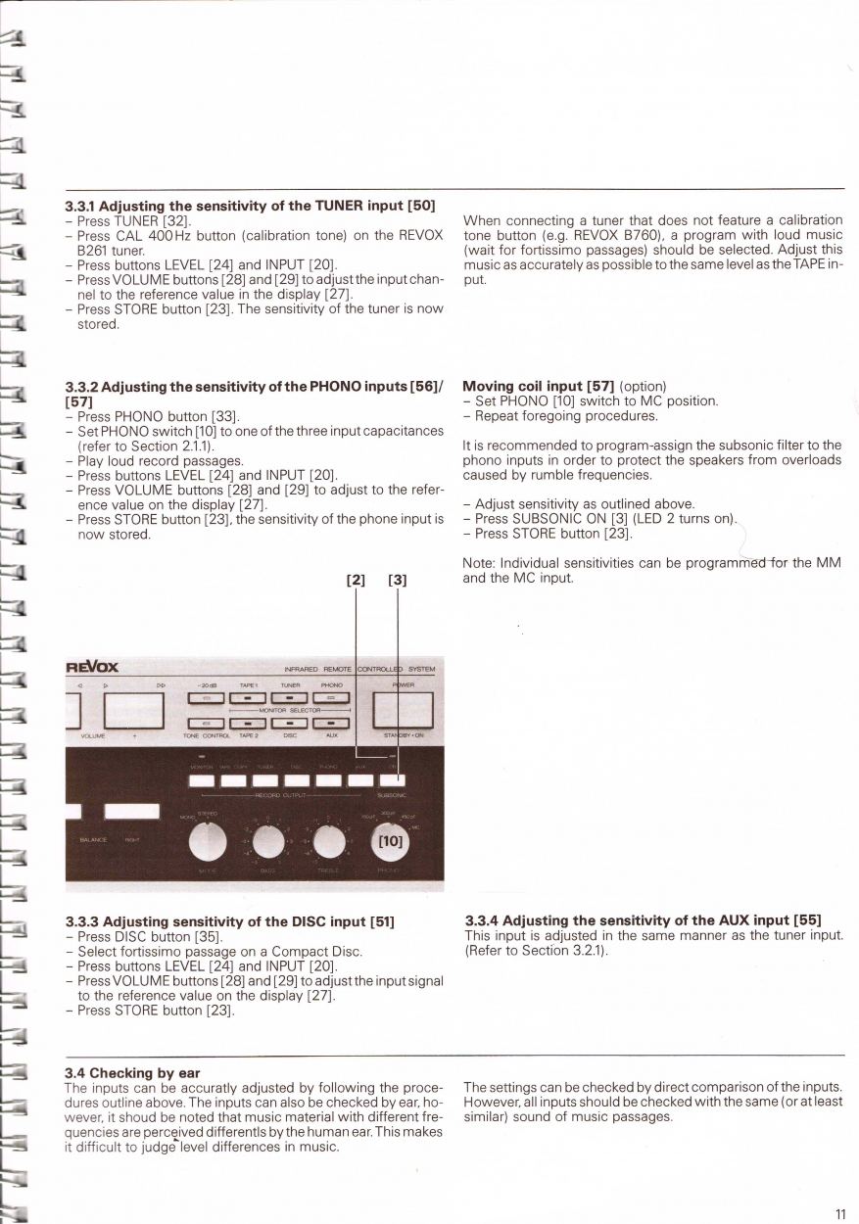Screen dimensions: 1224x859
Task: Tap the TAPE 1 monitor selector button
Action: point(248,698)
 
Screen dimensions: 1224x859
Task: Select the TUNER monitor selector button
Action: point(290,698)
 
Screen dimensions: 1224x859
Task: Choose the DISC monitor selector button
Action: point(290,724)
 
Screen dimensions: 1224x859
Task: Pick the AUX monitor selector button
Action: point(332,724)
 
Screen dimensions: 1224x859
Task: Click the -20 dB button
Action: point(206,698)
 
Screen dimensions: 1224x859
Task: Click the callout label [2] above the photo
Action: point(356,580)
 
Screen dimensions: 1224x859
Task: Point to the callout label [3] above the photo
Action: point(397,580)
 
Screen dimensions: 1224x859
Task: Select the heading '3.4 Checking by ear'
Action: point(131,1073)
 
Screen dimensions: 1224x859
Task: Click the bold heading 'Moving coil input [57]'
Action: point(539,386)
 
